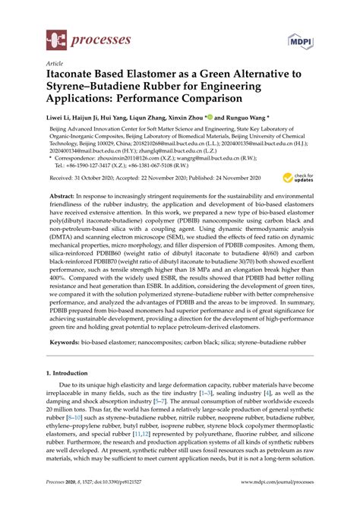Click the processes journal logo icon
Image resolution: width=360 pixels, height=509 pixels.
pyautogui.click(x=55, y=37)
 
